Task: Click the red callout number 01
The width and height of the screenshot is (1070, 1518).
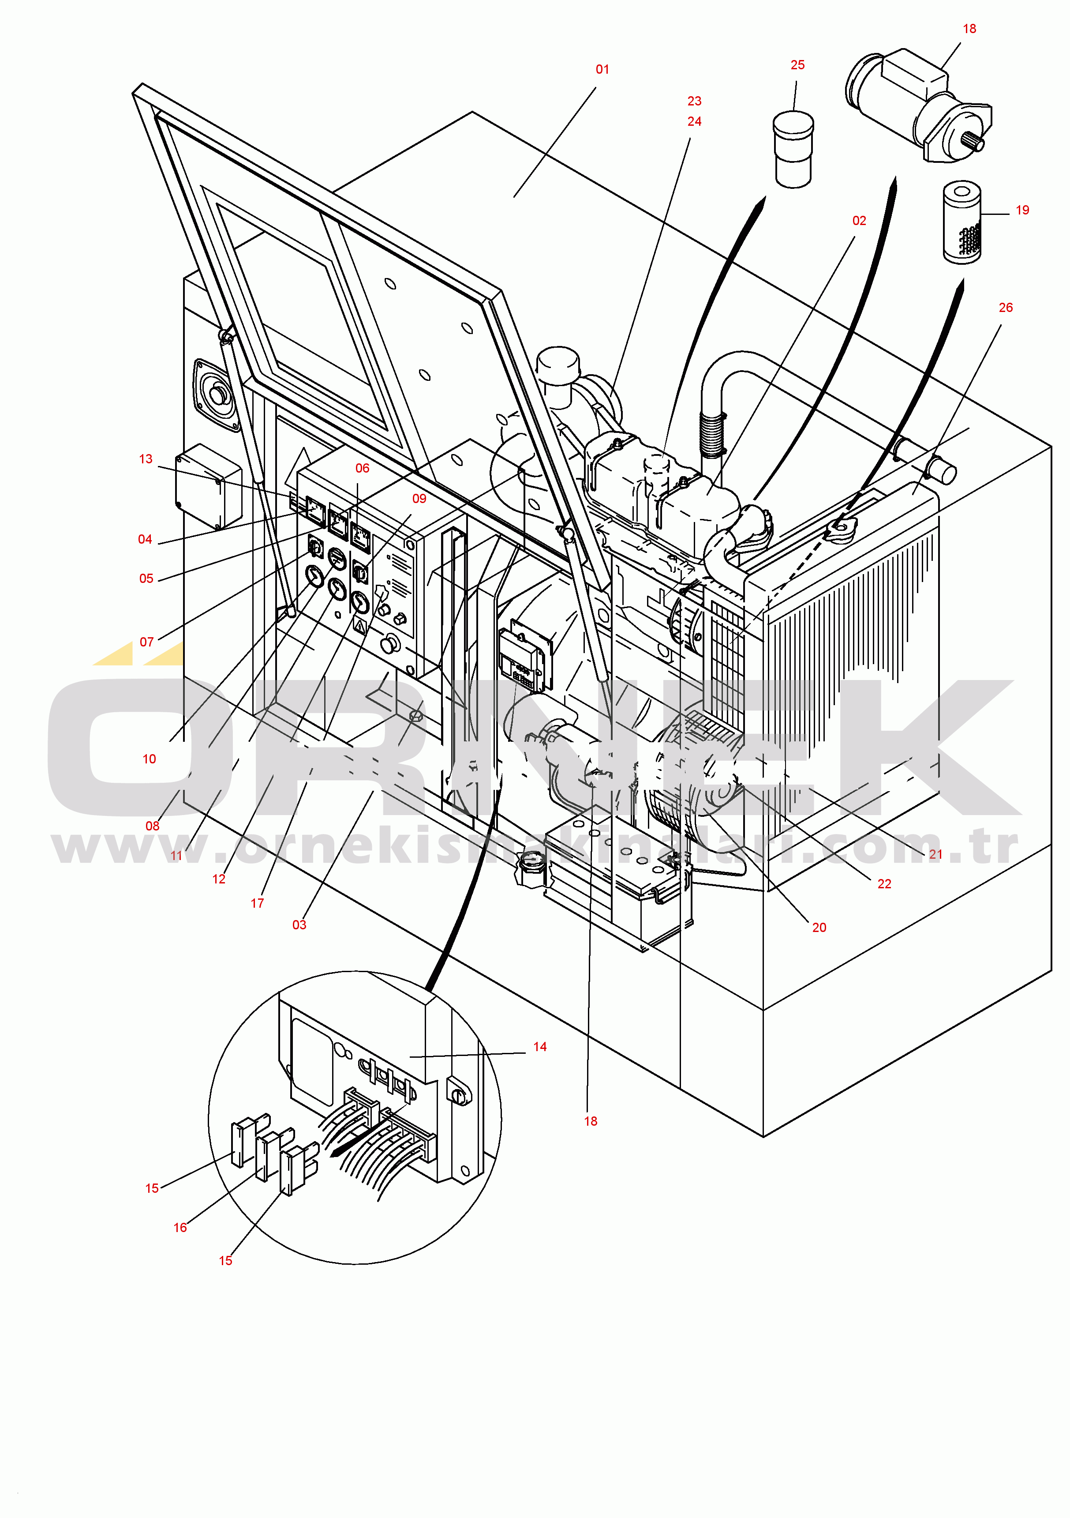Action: coord(602,69)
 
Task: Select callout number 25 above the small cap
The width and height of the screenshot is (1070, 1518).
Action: coord(798,65)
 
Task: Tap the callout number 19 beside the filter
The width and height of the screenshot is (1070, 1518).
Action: coord(1022,210)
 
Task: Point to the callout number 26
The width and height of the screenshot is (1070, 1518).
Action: coord(1005,308)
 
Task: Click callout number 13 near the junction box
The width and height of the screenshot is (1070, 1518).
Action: coord(146,459)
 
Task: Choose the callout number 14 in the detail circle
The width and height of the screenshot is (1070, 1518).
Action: coord(540,1047)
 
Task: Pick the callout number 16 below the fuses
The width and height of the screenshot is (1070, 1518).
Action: coord(180,1228)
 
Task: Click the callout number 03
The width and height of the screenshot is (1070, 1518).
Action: coord(299,925)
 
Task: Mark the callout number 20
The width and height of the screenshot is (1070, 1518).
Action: coord(819,928)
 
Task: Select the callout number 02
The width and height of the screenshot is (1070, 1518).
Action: coord(859,221)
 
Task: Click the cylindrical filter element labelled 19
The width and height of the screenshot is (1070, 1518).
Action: coord(962,222)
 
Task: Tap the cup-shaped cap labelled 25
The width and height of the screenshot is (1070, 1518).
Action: coord(793,150)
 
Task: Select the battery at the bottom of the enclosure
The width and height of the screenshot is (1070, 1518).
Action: coord(618,876)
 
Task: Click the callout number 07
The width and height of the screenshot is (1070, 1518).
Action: coord(147,642)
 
